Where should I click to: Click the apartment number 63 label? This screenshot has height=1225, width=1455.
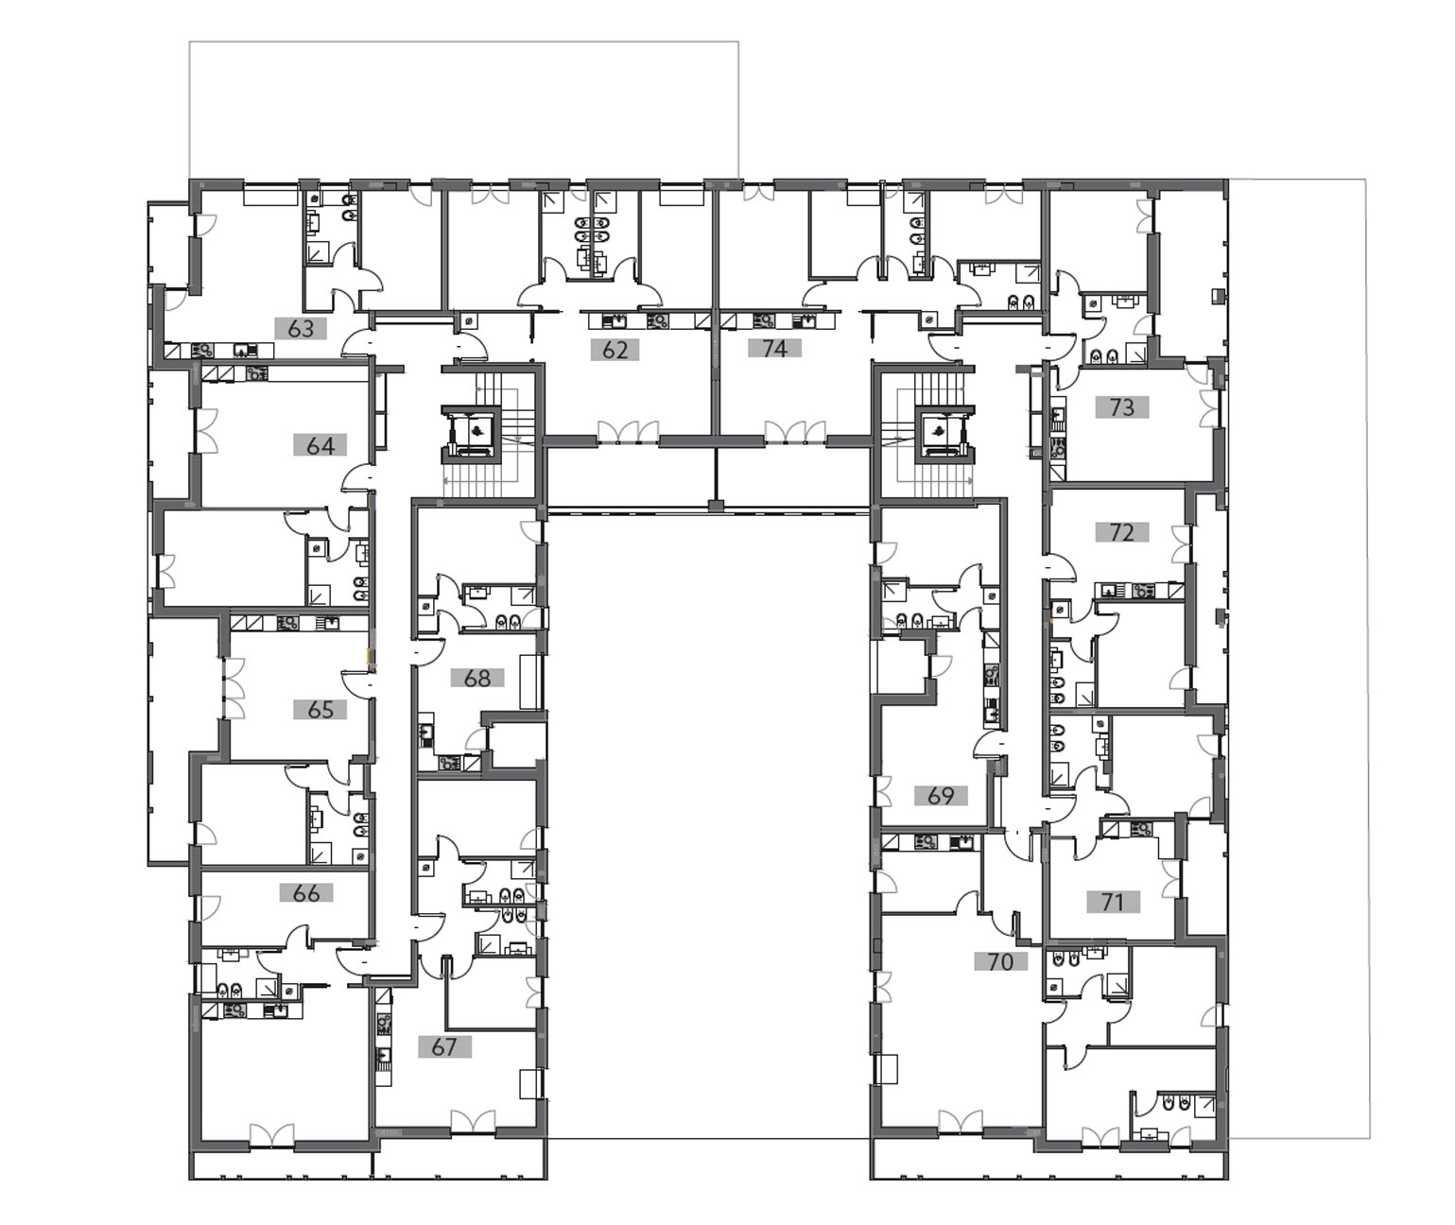click(301, 328)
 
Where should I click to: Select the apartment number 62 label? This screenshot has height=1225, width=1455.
click(615, 350)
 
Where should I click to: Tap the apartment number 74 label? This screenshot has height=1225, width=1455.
click(774, 348)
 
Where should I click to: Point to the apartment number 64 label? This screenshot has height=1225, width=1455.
click(320, 445)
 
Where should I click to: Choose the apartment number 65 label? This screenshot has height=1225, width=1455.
click(320, 709)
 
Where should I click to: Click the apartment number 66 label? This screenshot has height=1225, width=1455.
click(306, 892)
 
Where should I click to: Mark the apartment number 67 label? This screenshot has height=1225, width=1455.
click(444, 1046)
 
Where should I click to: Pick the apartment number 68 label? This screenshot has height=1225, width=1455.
click(477, 678)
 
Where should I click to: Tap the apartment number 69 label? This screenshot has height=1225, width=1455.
click(941, 795)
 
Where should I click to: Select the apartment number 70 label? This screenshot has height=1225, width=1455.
click(1000, 962)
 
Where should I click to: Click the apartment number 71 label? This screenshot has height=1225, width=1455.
click(1113, 903)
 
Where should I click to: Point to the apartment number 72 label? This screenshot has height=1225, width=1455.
click(1122, 532)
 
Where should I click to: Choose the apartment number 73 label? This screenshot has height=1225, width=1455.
click(1122, 407)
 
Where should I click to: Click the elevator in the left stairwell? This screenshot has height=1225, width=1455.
click(471, 433)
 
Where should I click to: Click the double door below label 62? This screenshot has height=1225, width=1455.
click(628, 431)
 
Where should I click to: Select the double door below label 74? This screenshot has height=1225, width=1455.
click(794, 431)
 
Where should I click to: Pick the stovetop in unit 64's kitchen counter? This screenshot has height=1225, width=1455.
click(257, 373)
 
